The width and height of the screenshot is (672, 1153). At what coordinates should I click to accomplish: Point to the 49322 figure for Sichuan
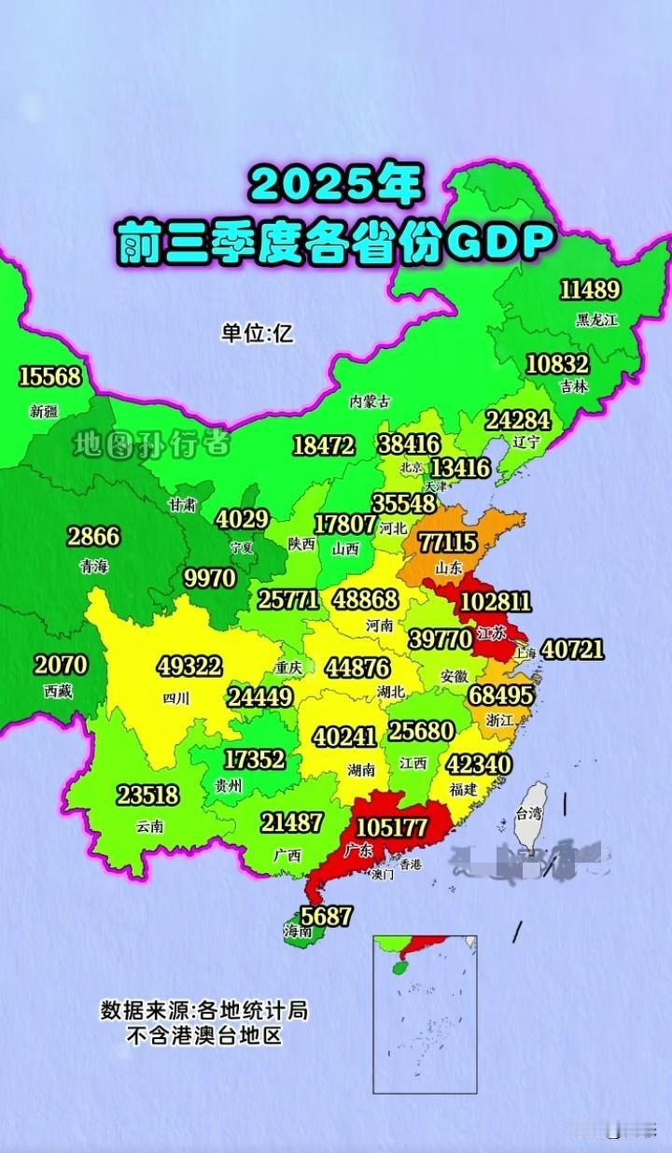(x=189, y=666)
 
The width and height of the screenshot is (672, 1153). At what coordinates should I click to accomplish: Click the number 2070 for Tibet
(x=61, y=666)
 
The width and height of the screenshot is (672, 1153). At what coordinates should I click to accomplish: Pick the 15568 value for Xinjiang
(x=49, y=376)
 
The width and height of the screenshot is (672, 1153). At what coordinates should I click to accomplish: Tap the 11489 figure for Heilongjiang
(x=589, y=290)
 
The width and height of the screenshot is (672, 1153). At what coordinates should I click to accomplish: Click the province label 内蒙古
(x=370, y=401)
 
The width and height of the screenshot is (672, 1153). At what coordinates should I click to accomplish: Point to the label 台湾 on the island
(x=530, y=813)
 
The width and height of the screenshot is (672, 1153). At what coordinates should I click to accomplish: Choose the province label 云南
(x=149, y=825)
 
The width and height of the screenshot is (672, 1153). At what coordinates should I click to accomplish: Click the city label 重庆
(x=289, y=668)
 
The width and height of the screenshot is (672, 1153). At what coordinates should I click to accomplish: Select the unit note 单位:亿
(x=257, y=332)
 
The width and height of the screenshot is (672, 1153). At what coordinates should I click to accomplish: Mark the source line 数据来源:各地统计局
(x=204, y=1010)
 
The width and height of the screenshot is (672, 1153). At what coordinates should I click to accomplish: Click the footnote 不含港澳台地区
(x=204, y=1035)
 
